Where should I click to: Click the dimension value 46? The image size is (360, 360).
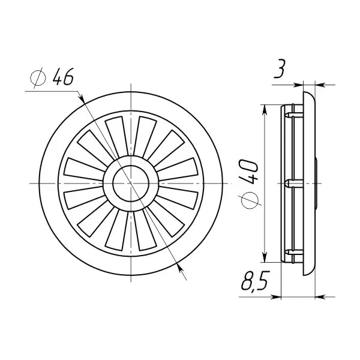tap(63, 76)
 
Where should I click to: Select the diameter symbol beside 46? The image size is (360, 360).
tap(38, 77)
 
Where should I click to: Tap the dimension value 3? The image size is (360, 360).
tap(280, 68)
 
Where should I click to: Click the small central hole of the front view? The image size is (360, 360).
tap(131, 184)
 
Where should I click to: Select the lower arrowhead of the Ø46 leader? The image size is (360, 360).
tap(180, 269)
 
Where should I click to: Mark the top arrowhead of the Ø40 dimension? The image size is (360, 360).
tap(265, 110)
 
